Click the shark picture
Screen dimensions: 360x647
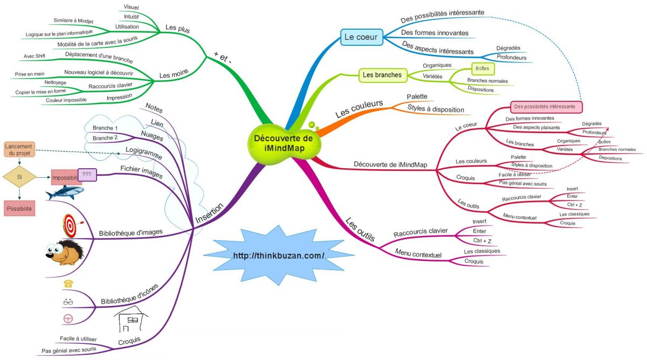(64, 192)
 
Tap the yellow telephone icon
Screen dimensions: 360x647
(68, 283)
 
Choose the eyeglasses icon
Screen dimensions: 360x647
(68, 301)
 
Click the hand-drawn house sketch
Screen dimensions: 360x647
(130, 321)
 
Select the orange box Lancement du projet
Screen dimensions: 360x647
(19, 149)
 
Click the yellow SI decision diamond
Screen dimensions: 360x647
(19, 176)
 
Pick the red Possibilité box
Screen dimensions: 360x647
(19, 208)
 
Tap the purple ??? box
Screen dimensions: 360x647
(86, 174)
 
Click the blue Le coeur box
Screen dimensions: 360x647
(361, 37)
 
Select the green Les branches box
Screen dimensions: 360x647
(382, 75)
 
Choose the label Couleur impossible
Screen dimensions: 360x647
(66, 100)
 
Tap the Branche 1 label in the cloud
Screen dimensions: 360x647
(105, 128)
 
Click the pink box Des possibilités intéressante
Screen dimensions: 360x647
(546, 106)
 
